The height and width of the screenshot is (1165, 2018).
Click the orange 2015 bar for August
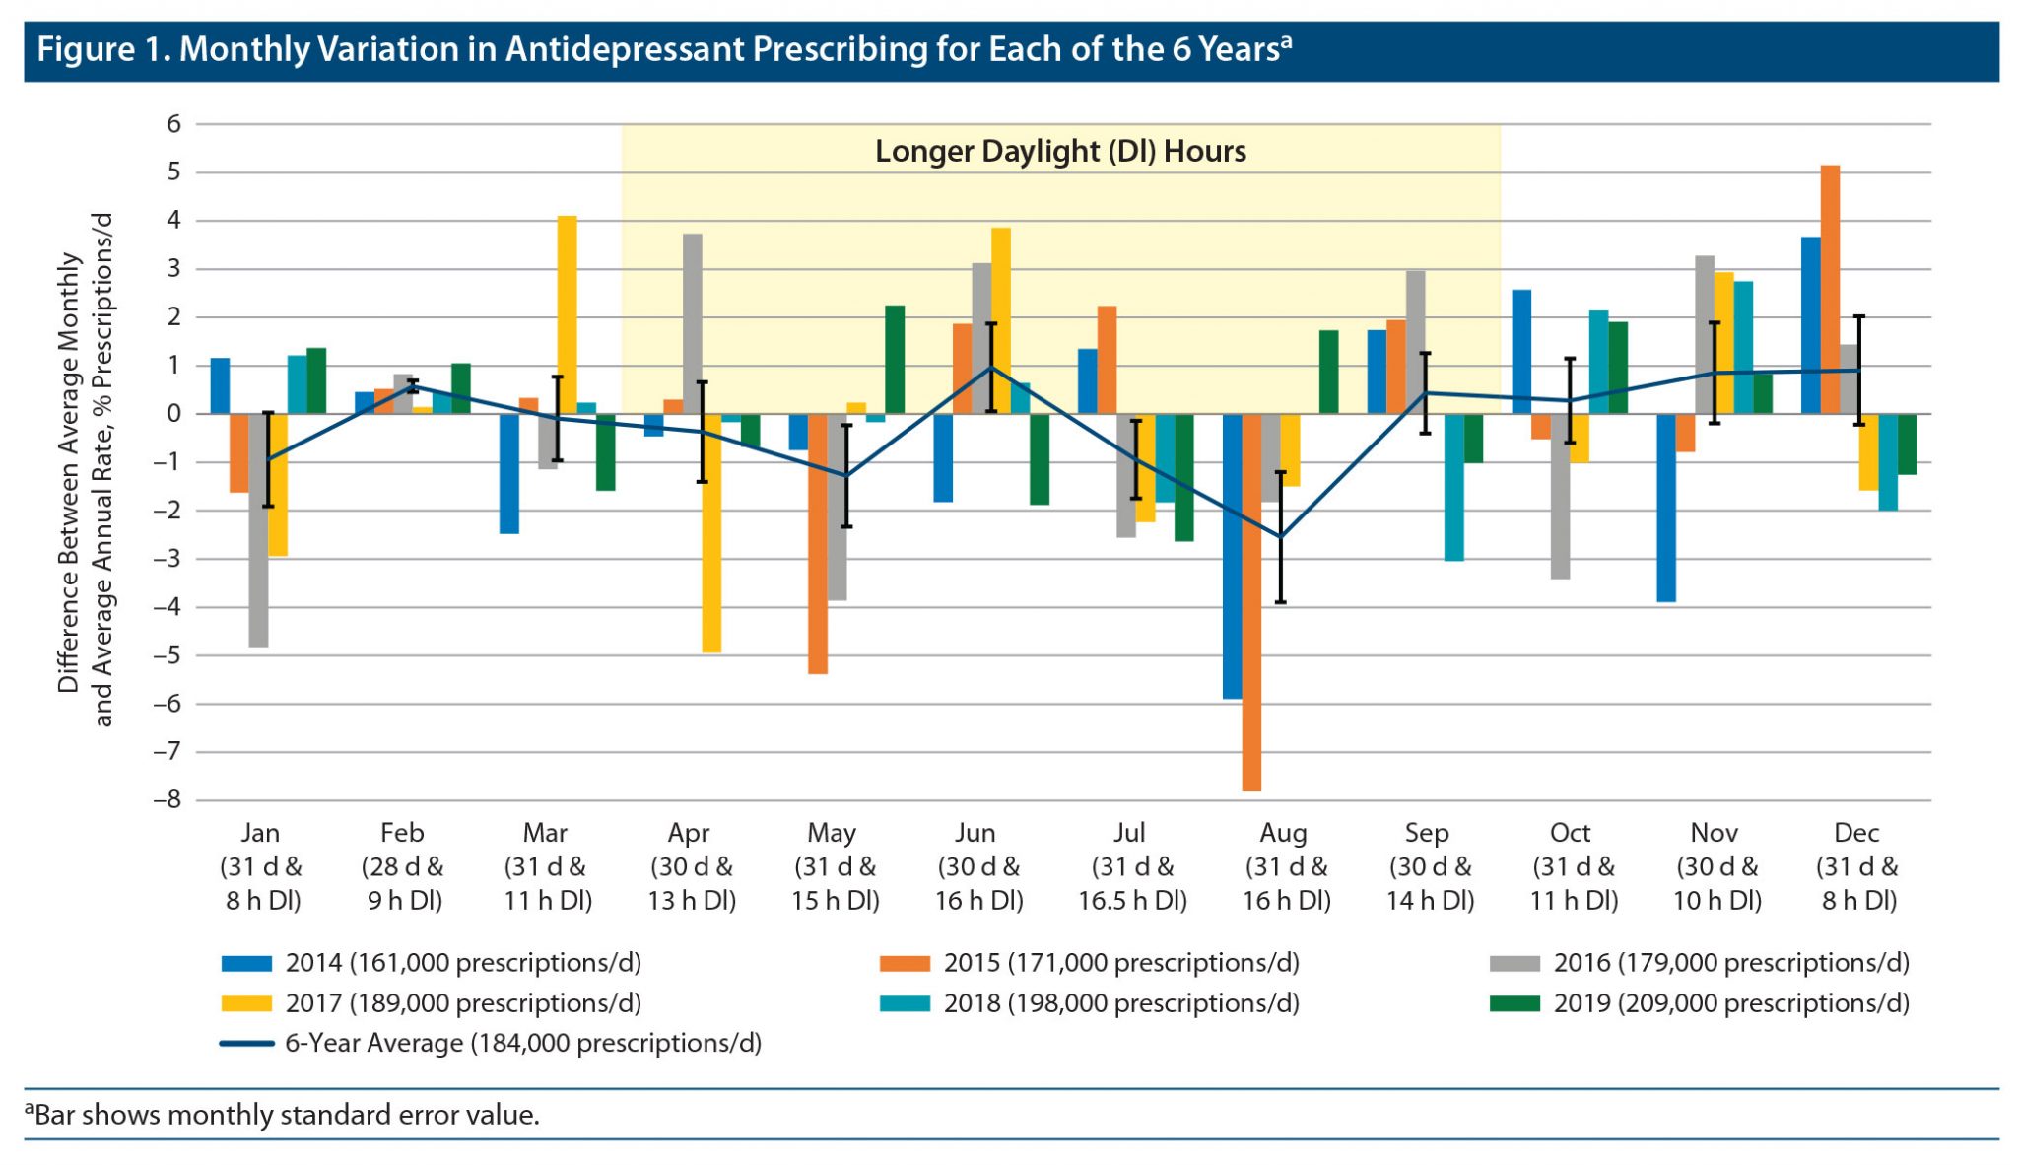coord(1251,601)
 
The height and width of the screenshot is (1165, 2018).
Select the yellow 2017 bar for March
coord(567,315)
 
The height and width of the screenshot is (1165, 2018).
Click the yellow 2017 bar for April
coord(710,532)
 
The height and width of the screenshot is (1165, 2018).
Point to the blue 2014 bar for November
coord(1666,508)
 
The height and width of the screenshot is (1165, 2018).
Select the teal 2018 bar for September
coord(1453,487)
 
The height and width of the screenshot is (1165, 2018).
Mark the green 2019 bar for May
coord(895,360)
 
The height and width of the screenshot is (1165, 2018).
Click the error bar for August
coord(1281,537)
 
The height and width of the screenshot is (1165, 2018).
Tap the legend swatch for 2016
coord(1514,963)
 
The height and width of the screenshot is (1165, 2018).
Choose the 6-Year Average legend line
coord(246,1044)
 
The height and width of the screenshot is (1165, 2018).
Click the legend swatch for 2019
coord(1514,1003)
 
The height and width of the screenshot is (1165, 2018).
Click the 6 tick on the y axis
coord(174,124)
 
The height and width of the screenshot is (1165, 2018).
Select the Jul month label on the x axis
coord(1129,833)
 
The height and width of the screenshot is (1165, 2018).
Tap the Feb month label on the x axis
coord(402,833)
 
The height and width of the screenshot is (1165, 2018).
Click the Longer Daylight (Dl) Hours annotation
coord(1060,151)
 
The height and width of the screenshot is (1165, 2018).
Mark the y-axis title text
coord(85,471)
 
